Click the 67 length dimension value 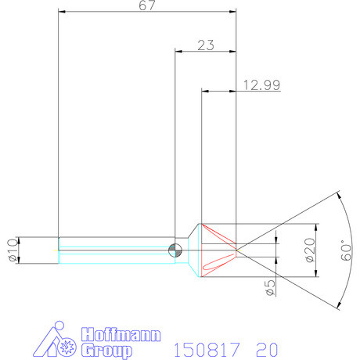point(147,6)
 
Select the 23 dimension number point(206,45)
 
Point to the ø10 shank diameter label point(10,250)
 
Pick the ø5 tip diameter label point(270,287)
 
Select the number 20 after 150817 point(266,347)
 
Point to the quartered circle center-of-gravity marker point(176,250)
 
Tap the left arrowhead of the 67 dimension point(63,12)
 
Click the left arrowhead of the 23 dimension point(178,52)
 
